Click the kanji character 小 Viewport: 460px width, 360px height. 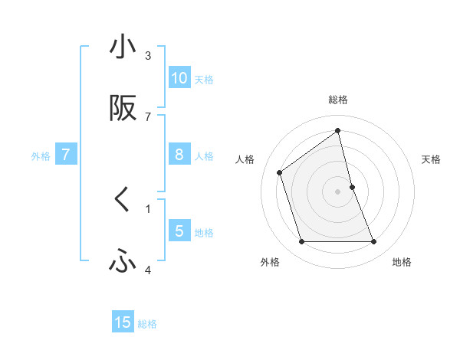tap(123, 47)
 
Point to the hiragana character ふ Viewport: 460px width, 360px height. tap(123, 262)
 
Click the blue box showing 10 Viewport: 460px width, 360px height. tap(179, 78)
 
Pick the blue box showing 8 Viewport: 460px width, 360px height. tap(179, 155)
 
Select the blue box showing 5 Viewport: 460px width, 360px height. tap(179, 231)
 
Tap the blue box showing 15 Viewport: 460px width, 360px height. tap(123, 322)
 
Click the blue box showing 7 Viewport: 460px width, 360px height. tap(66, 155)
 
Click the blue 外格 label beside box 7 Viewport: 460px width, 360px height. tap(41, 156)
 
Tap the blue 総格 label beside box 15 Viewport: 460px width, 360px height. tap(147, 324)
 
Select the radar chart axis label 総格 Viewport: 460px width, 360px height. tap(338, 100)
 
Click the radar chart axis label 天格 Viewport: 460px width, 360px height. tap(432, 159)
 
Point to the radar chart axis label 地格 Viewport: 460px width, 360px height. tap(402, 262)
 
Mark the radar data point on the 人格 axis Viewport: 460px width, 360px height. tap(280, 172)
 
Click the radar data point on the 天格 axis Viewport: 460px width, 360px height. tap(352, 186)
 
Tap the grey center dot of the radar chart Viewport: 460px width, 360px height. tap(338, 191)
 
